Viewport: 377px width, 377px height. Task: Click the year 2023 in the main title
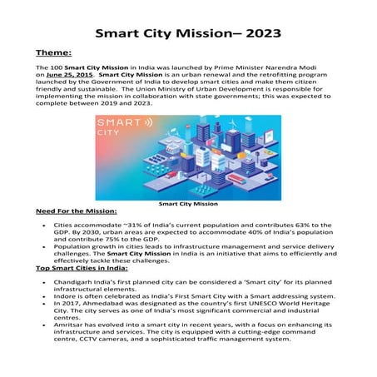click(260, 34)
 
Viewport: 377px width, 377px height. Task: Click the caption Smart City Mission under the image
click(188, 203)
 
